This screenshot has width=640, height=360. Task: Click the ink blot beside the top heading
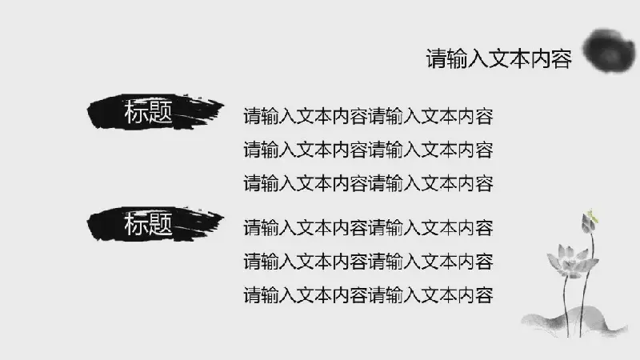(609, 51)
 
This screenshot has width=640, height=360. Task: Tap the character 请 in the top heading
(437, 58)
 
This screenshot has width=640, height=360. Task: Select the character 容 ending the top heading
(562, 58)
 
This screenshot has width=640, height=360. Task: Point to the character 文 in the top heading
(499, 58)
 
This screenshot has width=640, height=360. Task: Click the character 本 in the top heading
(520, 58)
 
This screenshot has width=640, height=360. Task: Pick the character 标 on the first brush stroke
(136, 112)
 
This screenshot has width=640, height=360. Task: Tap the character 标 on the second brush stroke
(136, 224)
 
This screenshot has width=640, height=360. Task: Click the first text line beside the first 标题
(369, 116)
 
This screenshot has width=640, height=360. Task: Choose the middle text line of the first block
(369, 150)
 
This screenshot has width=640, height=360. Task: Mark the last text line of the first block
(369, 183)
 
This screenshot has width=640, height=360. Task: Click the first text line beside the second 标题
(369, 228)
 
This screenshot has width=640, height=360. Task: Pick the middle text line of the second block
(369, 262)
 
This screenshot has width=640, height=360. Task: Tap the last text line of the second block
(369, 295)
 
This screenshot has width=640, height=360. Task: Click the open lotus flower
(571, 262)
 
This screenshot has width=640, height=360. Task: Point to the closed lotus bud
(588, 223)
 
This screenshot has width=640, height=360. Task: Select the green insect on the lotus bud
(592, 216)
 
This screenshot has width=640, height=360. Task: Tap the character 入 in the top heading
(478, 58)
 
